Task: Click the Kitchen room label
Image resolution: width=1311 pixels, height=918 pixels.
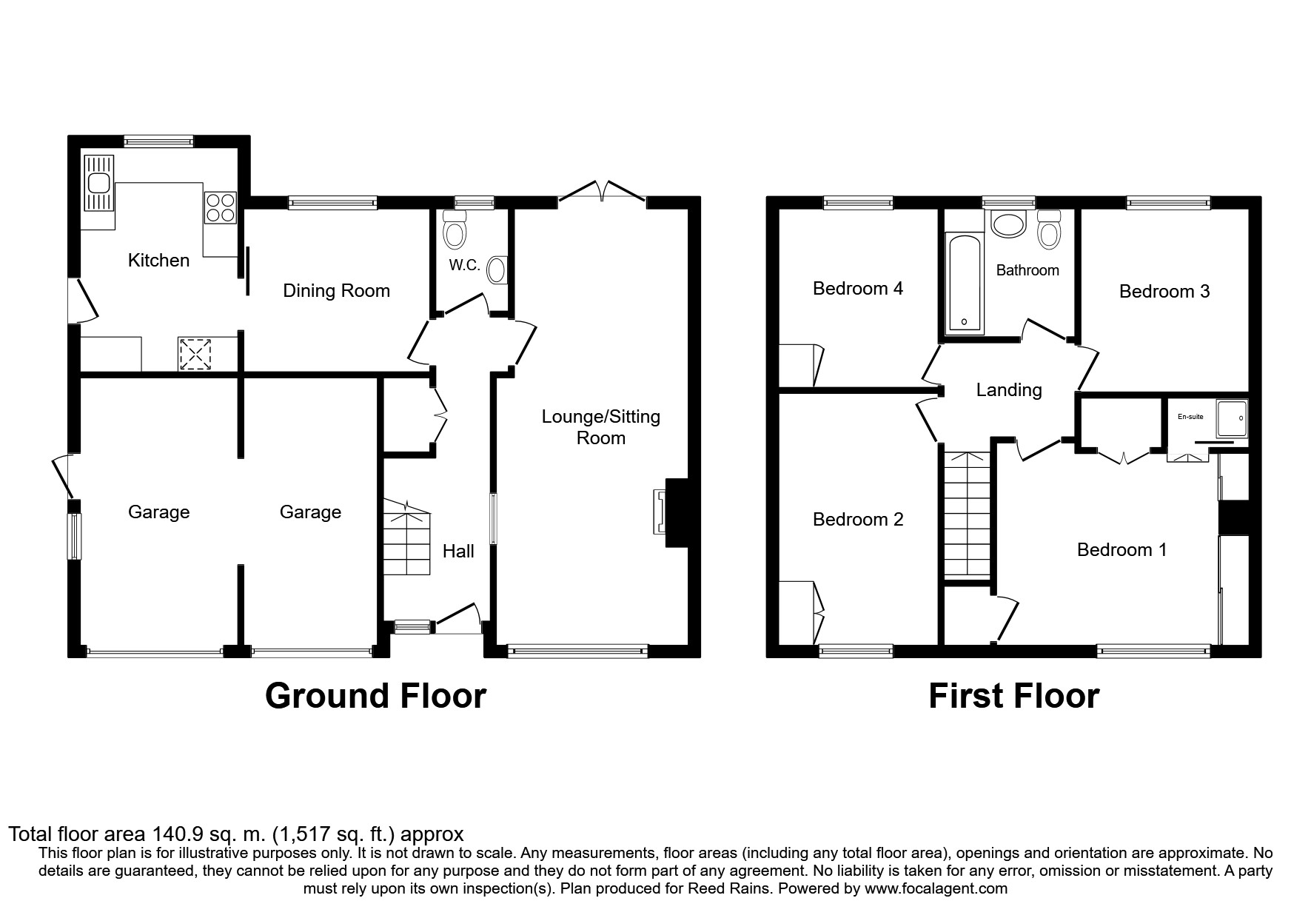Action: tap(158, 261)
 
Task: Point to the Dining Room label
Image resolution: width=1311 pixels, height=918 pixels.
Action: tap(336, 291)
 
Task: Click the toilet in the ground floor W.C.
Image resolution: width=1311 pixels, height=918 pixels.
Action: tap(454, 229)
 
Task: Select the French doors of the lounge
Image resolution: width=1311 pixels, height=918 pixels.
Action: tap(602, 190)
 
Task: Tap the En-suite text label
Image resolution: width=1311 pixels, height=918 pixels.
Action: tap(1190, 417)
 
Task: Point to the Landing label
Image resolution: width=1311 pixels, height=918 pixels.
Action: tap(1008, 390)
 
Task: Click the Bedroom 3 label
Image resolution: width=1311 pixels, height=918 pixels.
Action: tap(1164, 292)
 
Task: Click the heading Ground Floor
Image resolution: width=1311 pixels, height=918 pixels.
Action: tap(375, 697)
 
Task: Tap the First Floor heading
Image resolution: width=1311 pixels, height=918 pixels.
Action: tap(1013, 697)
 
